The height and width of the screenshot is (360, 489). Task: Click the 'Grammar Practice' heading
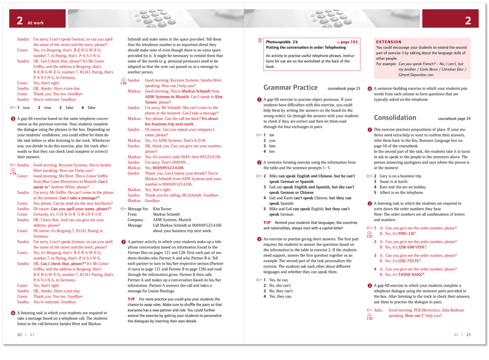point(290,88)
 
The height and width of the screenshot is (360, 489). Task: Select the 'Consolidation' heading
point(395,118)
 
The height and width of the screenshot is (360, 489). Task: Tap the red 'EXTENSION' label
point(389,42)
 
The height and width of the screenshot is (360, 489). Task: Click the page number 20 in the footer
point(20,335)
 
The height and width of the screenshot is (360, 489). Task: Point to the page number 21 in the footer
point(468,335)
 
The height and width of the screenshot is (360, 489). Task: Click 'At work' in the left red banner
point(36,22)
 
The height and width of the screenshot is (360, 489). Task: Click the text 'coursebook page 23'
point(344,89)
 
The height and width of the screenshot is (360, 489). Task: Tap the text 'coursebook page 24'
point(454,119)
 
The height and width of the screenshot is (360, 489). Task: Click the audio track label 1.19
point(13,173)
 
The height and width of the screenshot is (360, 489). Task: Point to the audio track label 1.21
point(370,236)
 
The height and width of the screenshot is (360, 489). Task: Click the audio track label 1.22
point(370,318)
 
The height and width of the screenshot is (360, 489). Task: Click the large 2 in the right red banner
point(468,21)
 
